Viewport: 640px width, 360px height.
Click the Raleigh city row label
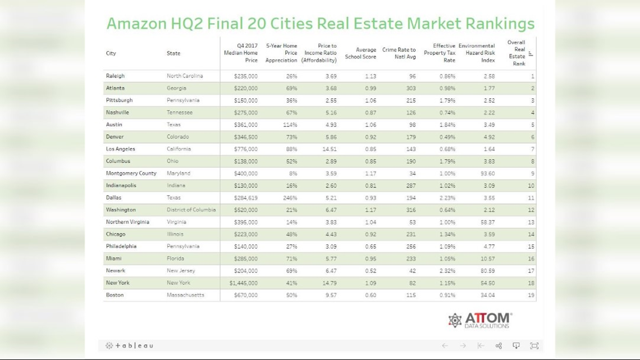tap(115, 76)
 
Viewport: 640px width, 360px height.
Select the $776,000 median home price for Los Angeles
tap(246, 149)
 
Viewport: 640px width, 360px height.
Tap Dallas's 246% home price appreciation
tap(290, 198)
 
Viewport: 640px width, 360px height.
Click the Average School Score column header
tap(360, 53)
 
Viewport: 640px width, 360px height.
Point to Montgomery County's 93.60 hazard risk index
tap(484, 174)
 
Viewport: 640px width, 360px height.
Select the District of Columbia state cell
tap(191, 210)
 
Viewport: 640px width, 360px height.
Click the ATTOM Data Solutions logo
tap(480, 320)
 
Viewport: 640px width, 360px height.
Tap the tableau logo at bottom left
tap(129, 346)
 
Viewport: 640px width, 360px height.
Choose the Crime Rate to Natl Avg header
tap(399, 53)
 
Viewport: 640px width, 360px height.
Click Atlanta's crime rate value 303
tap(410, 88)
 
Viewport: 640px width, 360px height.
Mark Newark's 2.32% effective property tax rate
tap(447, 271)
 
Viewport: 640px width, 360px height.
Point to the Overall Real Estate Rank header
tap(517, 53)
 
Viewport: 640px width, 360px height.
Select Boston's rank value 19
tap(531, 295)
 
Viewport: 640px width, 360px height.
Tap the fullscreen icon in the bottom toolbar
tap(534, 346)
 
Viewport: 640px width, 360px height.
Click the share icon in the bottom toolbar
tap(499, 346)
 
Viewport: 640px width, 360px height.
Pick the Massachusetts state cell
tap(185, 295)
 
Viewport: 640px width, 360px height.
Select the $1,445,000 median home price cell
tap(243, 283)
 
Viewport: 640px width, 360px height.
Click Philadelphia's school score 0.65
tap(369, 247)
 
